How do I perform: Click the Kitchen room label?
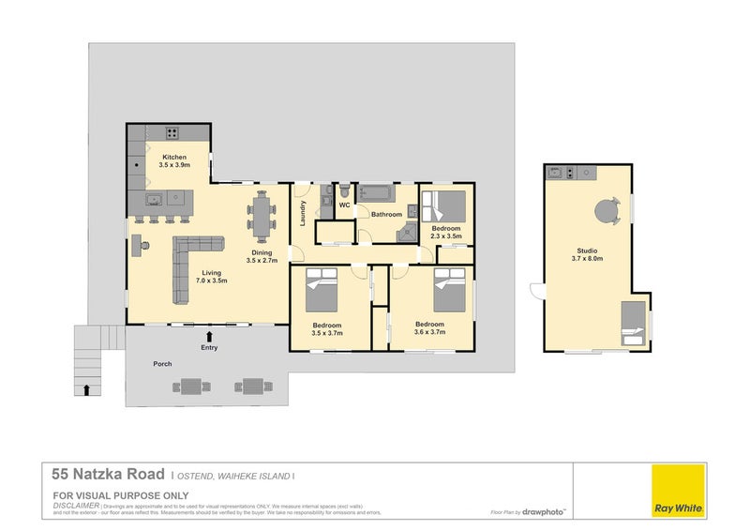click(x=174, y=160)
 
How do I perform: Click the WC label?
click(x=344, y=205)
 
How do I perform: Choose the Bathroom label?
click(x=386, y=215)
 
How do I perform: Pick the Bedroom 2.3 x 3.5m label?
click(x=446, y=233)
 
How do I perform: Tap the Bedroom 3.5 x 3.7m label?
click(x=328, y=329)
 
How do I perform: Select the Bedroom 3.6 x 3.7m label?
click(x=430, y=328)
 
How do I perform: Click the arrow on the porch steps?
click(x=87, y=388)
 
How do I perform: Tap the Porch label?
click(x=162, y=363)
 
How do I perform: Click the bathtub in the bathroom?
click(x=379, y=194)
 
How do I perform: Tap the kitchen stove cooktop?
click(x=172, y=132)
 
